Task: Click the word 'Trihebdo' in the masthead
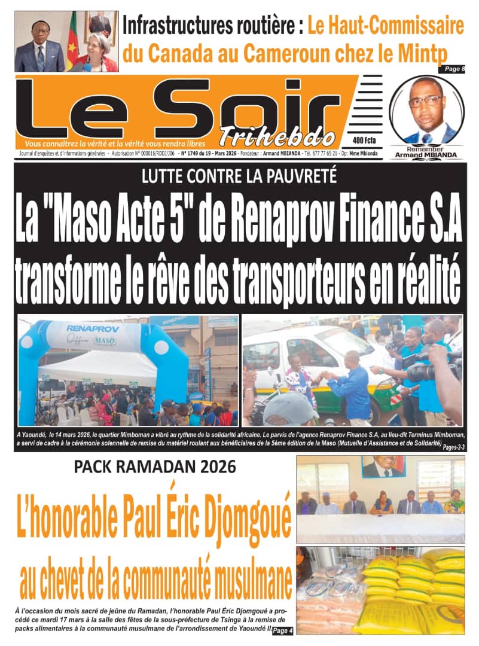(x=277, y=136)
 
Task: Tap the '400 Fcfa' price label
(x=364, y=140)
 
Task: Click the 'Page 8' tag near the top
(x=455, y=69)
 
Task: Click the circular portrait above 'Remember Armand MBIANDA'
(x=427, y=110)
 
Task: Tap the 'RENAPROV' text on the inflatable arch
(x=89, y=328)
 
